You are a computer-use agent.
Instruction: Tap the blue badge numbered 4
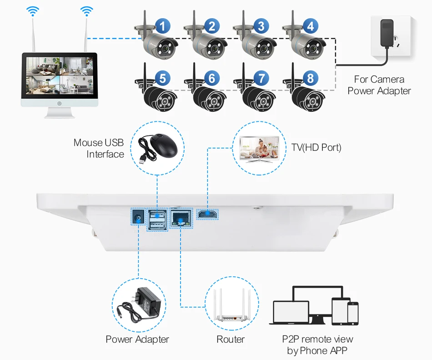click(x=310, y=26)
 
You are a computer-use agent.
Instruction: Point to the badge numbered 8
click(x=310, y=79)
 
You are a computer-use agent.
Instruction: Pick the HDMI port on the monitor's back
click(x=207, y=214)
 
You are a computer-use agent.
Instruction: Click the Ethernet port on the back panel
click(x=181, y=218)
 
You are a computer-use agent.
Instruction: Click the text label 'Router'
click(x=231, y=340)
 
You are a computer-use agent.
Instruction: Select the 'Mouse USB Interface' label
click(x=99, y=149)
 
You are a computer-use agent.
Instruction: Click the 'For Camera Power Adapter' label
click(x=379, y=85)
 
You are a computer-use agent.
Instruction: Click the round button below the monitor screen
click(x=60, y=104)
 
